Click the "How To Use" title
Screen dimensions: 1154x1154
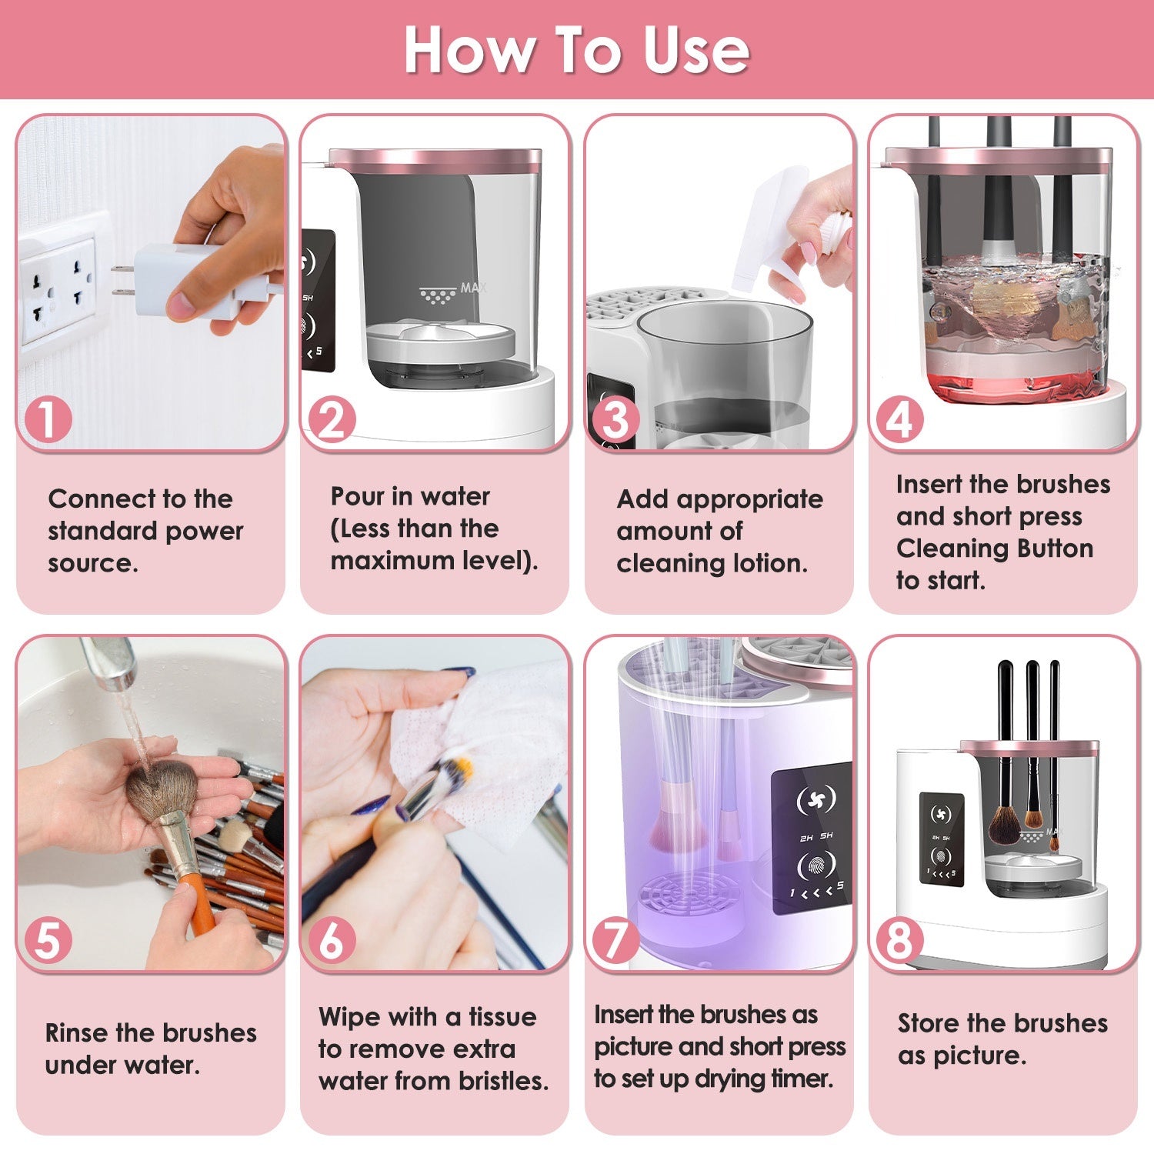coord(576,50)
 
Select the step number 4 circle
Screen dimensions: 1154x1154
coord(899,420)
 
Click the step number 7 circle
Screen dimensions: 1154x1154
coord(615,940)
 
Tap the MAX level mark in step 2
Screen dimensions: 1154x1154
coord(472,288)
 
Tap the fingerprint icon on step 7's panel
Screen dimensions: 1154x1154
coord(815,865)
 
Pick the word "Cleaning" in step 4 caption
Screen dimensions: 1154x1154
coord(942,548)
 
